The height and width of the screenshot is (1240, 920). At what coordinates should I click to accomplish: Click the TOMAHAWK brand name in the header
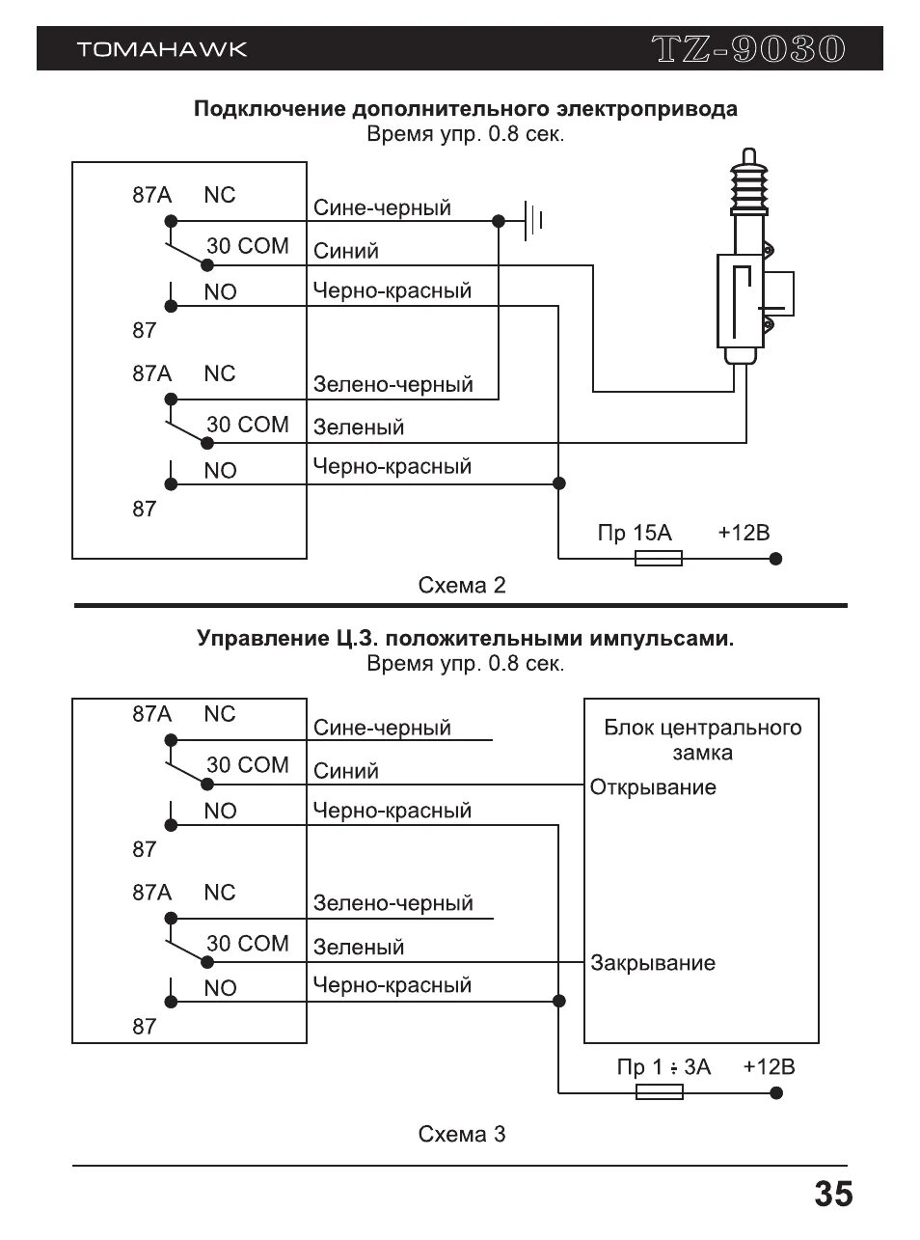tap(162, 49)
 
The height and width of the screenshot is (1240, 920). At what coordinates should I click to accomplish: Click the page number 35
tap(833, 1195)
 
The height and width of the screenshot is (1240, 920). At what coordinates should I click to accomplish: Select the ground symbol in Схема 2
tap(533, 221)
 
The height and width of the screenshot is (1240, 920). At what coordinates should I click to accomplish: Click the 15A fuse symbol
tap(659, 558)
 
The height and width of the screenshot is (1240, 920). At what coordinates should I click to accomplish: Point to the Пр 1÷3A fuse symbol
tap(660, 1091)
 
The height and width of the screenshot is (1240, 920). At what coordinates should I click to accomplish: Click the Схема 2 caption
tap(461, 586)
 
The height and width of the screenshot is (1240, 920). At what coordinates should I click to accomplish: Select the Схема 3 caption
tap(461, 1134)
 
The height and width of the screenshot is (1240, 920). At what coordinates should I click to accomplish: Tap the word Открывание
tap(653, 787)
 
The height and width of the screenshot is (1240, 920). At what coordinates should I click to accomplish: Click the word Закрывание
tap(653, 963)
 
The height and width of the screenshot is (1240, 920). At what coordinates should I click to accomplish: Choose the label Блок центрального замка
tap(702, 740)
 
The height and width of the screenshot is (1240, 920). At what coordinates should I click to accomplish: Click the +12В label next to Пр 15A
tap(744, 534)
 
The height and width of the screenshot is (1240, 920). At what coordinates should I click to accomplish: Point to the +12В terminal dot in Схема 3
tap(776, 1092)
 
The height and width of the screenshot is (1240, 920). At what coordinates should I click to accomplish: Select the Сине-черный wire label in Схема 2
tap(382, 208)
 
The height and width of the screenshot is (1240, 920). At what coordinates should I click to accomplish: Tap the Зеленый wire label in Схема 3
tap(358, 948)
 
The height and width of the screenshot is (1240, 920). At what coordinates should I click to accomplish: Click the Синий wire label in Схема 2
tap(346, 252)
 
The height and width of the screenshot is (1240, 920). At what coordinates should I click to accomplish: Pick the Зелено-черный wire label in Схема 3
tap(392, 904)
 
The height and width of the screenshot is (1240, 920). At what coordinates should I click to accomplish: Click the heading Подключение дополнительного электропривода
tap(465, 108)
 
